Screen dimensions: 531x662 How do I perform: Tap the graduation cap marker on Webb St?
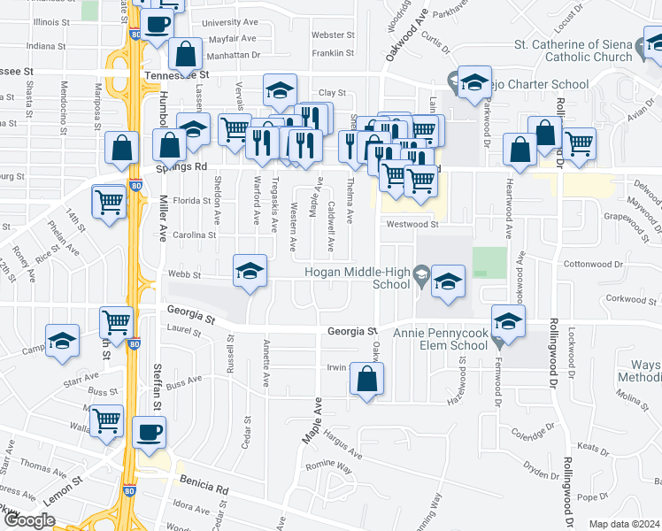pyautogui.click(x=250, y=272)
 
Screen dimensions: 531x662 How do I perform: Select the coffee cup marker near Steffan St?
pyautogui.click(x=149, y=434)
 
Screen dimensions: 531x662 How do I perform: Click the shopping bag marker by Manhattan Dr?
pyautogui.click(x=185, y=54)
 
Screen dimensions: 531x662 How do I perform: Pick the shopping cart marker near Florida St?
pyautogui.click(x=109, y=200)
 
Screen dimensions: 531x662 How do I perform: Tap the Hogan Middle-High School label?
pyautogui.click(x=358, y=278)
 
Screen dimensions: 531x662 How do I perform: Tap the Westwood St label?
pyautogui.click(x=411, y=224)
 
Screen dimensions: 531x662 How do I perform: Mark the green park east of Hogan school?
pyautogui.click(x=489, y=263)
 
